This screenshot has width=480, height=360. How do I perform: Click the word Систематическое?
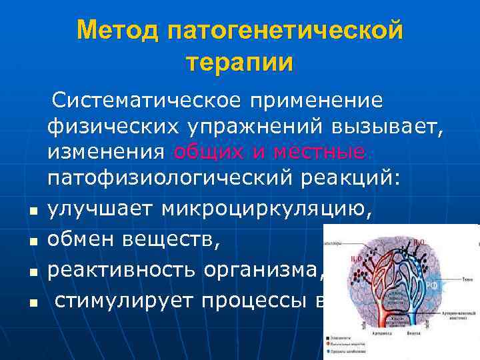point(148,101)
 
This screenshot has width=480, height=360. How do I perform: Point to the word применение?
point(316,101)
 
